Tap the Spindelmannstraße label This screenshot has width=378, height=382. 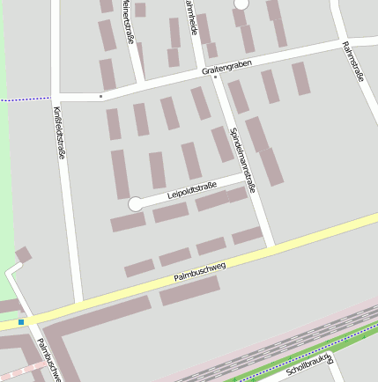241,159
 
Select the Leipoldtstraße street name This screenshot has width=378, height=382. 191,190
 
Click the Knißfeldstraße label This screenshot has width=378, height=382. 59,132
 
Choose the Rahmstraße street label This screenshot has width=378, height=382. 354,62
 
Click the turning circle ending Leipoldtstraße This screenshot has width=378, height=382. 135,204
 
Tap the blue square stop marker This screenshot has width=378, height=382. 21,322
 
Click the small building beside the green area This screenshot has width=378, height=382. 23,255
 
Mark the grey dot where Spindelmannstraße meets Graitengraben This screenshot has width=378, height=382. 215,77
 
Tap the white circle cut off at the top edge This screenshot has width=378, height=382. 241,4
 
